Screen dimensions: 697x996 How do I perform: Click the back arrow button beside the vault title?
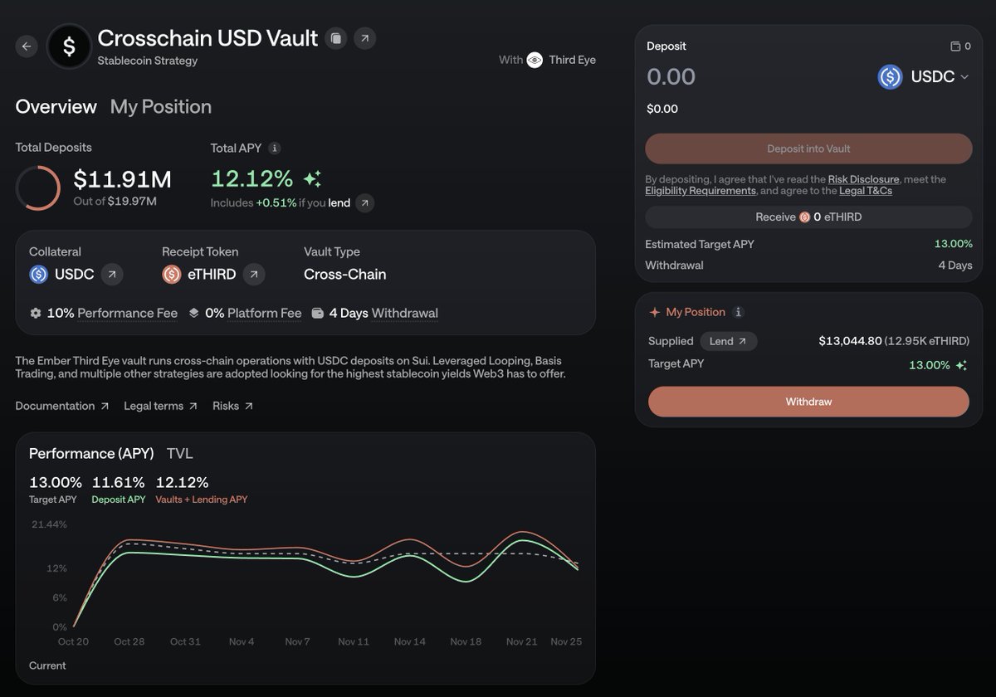point(27,46)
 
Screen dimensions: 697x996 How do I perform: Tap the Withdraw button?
point(808,402)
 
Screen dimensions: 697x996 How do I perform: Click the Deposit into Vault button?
point(808,149)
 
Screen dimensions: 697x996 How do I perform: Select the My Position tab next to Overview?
point(160,107)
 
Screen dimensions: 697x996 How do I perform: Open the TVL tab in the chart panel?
point(179,454)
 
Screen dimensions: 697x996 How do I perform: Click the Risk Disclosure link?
point(863,179)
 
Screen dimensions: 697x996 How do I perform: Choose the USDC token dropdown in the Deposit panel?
point(924,77)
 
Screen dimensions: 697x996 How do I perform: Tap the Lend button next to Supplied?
point(728,341)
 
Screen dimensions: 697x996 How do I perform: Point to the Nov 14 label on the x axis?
point(410,641)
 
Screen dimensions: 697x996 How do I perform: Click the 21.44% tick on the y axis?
point(49,524)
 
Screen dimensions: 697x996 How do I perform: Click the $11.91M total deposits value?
point(122,179)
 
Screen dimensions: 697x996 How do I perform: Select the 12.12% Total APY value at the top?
point(251,178)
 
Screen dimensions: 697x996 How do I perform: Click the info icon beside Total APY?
point(275,149)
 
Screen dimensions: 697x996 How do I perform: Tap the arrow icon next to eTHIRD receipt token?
point(255,274)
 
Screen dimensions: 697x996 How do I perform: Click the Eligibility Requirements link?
point(700,191)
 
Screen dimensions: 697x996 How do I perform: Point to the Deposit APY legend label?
point(118,500)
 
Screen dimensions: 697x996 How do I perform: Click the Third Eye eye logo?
point(535,60)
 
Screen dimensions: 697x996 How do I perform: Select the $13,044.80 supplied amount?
point(849,341)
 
